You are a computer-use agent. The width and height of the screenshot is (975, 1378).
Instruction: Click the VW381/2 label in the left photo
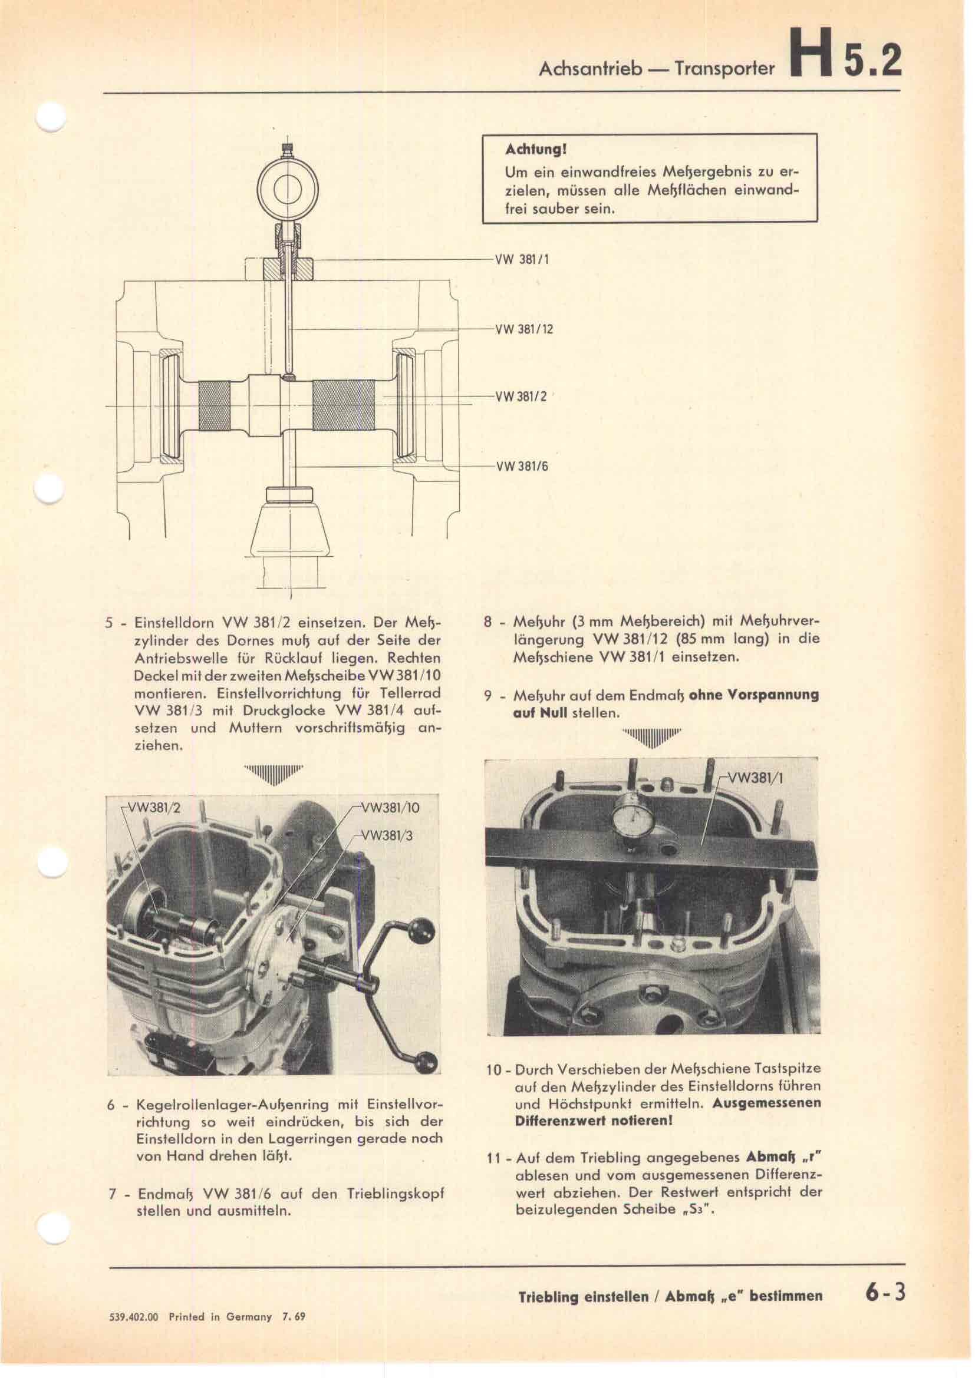[x=153, y=807]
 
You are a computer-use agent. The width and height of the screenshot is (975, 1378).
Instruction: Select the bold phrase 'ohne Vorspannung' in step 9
[x=755, y=696]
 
